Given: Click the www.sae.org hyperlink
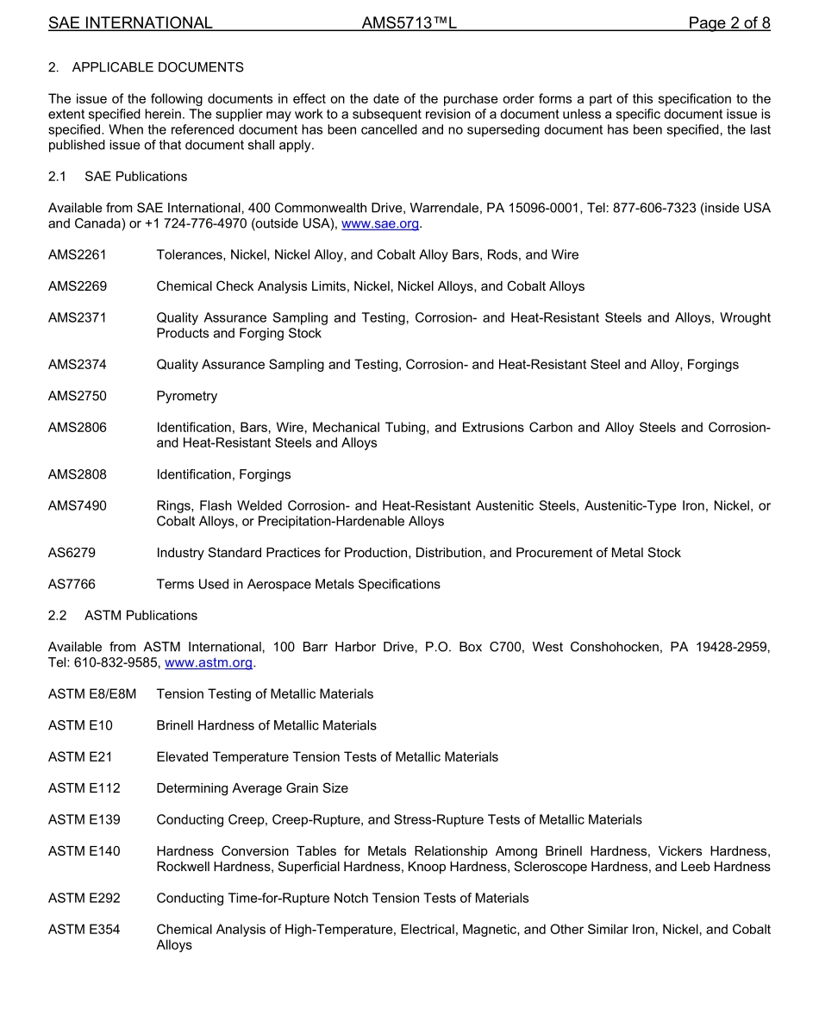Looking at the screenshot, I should pyautogui.click(x=380, y=224).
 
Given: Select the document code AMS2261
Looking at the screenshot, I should pyautogui.click(x=78, y=255).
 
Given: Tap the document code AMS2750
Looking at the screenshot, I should pyautogui.click(x=78, y=397).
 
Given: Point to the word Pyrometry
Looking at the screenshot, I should pyautogui.click(x=186, y=397).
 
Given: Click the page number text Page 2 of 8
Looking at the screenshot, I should pyautogui.click(x=728, y=23).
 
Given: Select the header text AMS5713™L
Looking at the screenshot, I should pyautogui.click(x=409, y=23).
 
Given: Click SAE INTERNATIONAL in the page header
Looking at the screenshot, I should pyautogui.click(x=130, y=23).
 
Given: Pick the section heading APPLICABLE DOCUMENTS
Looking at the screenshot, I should pyautogui.click(x=158, y=67).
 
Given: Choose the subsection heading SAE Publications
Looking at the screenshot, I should pyautogui.click(x=135, y=177).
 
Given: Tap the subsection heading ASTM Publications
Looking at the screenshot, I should pyautogui.click(x=141, y=616).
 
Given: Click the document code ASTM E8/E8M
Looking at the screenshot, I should pyautogui.click(x=92, y=694).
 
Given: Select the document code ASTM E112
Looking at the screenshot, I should pyautogui.click(x=84, y=788).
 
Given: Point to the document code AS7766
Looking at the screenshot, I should pyautogui.click(x=72, y=585).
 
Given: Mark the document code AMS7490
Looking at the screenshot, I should pyautogui.click(x=78, y=506).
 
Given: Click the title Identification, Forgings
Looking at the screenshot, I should pyautogui.click(x=223, y=475).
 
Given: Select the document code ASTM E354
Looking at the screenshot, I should pyautogui.click(x=84, y=930).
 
